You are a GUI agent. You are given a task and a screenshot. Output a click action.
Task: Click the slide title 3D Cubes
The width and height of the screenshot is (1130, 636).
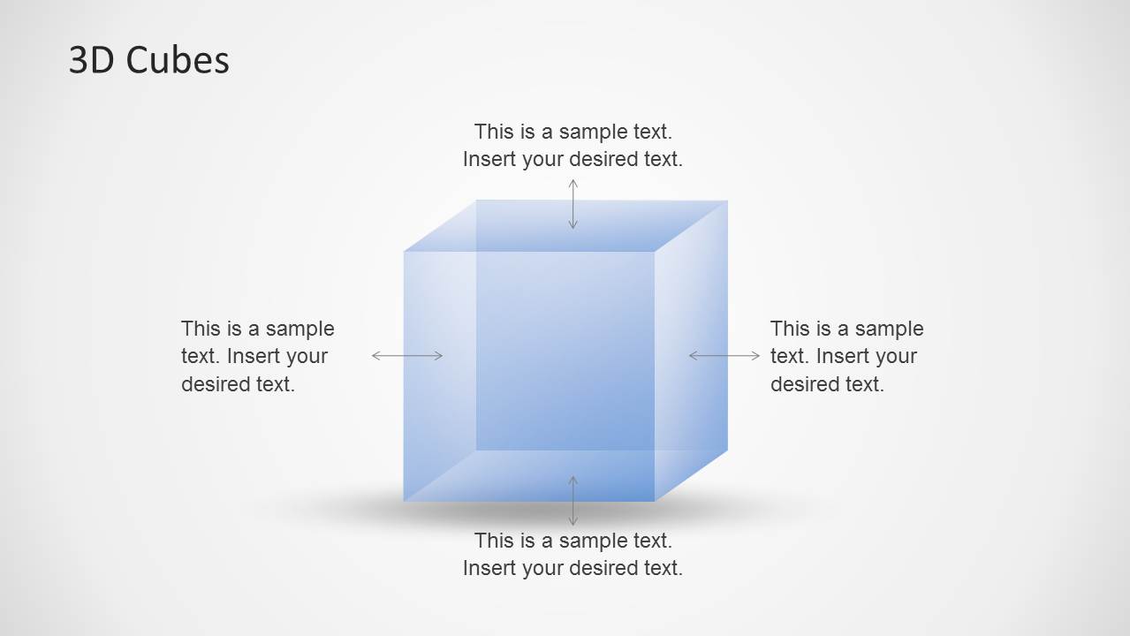point(148,60)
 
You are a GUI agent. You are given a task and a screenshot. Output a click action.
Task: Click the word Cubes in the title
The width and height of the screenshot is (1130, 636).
point(178,60)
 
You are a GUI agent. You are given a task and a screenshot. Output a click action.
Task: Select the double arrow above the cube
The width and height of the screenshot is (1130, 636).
point(573,204)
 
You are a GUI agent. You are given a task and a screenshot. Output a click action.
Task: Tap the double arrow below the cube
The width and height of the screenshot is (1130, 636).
point(573,500)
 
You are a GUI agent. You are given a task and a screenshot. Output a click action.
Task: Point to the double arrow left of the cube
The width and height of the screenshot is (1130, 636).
point(407,356)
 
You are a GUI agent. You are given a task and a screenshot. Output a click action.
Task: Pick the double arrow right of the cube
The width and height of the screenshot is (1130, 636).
point(724,356)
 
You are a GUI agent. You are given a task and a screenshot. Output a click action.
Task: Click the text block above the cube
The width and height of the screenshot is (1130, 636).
point(573,145)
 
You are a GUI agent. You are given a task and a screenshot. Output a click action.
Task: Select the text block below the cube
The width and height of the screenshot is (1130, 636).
point(573,555)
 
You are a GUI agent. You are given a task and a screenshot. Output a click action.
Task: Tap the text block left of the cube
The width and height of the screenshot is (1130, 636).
point(258,356)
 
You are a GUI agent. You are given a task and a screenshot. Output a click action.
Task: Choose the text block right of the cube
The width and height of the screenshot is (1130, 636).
point(847,356)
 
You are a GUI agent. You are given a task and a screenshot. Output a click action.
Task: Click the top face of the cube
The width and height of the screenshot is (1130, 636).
point(565,225)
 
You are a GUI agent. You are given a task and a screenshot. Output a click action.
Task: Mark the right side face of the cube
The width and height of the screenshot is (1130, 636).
point(691,351)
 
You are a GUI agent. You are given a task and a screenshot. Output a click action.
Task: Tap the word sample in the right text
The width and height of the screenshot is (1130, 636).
point(889,329)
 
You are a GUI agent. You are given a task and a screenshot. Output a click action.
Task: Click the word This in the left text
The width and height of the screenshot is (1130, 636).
point(200,329)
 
